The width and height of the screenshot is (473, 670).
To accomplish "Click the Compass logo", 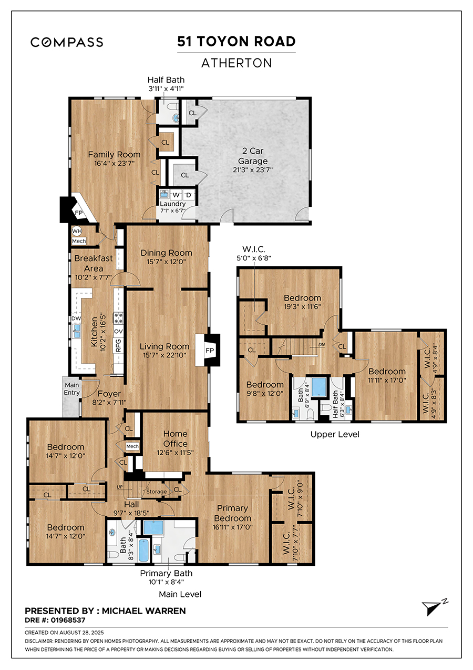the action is point(67,42).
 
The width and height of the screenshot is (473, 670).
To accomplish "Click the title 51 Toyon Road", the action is point(236,41).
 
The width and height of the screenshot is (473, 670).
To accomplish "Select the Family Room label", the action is point(114,154).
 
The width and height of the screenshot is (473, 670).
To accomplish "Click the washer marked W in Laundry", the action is point(176,195).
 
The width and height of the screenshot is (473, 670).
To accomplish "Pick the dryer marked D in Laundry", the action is point(189,195).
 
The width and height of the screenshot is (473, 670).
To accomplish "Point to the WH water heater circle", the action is point(76,231).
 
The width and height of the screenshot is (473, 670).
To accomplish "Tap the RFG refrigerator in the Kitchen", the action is point(118,345).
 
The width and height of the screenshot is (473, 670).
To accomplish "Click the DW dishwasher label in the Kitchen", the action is point(76,318).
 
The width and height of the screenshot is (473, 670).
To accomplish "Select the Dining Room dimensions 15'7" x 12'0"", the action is point(166,262).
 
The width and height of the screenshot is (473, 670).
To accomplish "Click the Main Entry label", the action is point(71,388).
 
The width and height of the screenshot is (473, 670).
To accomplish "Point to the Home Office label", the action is point(176,438).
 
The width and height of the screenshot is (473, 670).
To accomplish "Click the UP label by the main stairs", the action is point(119,487).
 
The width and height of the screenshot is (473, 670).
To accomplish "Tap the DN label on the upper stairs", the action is point(321,345).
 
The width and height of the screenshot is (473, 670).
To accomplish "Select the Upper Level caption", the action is point(335,434).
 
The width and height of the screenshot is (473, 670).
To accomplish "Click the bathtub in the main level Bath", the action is point(143,551).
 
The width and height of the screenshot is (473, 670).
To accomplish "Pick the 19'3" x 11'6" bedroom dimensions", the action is point(303,307).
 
